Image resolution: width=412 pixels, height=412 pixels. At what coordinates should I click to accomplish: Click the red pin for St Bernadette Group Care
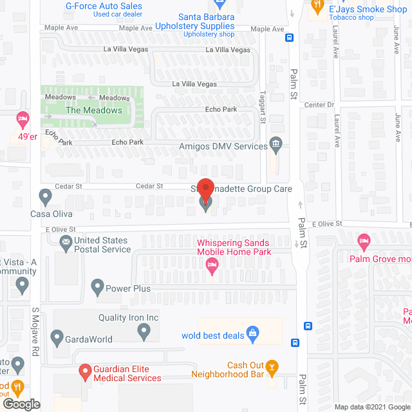(x=205, y=191)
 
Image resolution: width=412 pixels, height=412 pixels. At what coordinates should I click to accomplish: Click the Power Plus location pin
(x=98, y=285)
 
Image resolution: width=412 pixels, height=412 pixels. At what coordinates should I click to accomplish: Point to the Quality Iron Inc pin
(x=144, y=332)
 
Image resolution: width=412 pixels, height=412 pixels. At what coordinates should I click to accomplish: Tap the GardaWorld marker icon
(x=56, y=337)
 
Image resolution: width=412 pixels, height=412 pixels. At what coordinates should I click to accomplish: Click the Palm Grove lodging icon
(x=364, y=242)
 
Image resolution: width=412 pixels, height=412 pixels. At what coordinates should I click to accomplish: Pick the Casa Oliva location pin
(x=45, y=195)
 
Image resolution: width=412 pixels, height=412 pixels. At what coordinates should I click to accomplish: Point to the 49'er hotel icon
(x=23, y=119)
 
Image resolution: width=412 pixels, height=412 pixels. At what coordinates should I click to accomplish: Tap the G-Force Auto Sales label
(x=104, y=6)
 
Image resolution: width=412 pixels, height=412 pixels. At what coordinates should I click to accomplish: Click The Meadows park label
(x=93, y=110)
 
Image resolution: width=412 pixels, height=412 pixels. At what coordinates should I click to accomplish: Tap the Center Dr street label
(x=319, y=105)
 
